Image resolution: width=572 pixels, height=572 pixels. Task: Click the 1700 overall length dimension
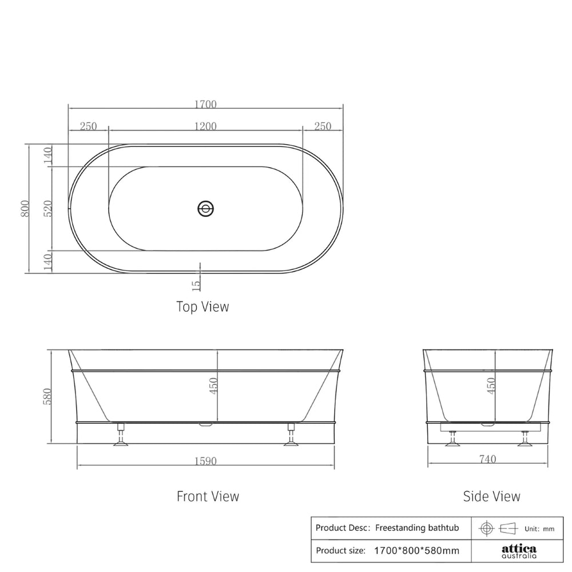(205, 105)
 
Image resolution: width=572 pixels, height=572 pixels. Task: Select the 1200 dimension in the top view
(205, 126)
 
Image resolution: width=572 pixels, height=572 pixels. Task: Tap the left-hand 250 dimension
(88, 126)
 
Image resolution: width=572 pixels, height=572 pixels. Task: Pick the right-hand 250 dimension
(323, 126)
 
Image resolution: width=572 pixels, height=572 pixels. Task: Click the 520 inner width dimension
(48, 209)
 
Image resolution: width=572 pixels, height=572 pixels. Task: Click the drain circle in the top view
(205, 209)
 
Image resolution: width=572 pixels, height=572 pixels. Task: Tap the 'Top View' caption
(202, 307)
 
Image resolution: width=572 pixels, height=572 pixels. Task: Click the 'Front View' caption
(208, 496)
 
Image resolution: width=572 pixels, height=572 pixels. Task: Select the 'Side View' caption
(491, 496)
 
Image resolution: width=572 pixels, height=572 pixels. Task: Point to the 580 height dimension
(48, 396)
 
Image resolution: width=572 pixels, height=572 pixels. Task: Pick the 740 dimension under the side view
(487, 459)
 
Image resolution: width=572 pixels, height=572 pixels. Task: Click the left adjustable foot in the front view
(121, 434)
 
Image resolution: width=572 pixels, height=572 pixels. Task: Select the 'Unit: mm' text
(539, 529)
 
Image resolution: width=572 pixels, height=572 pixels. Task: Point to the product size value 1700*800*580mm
(416, 551)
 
